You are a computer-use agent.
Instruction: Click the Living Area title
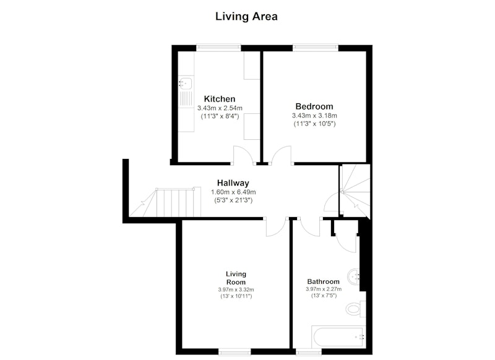246,17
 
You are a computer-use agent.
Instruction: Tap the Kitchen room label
220,99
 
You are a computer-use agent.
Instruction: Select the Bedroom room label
314,106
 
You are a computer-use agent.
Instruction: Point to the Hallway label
233,183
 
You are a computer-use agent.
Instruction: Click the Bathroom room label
323,281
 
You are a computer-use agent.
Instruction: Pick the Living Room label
236,278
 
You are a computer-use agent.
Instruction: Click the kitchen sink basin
185,84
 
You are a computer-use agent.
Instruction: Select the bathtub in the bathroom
338,337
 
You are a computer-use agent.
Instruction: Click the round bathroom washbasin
353,277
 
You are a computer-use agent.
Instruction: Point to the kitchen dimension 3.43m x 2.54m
220,108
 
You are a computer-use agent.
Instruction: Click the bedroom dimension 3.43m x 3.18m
314,116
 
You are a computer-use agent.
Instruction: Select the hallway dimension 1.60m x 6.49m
233,192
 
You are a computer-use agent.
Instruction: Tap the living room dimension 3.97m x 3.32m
236,289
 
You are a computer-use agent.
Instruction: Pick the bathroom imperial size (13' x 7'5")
324,296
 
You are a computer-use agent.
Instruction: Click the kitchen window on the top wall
218,48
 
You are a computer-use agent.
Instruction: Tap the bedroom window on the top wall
316,48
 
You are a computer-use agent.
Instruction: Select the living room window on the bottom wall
235,351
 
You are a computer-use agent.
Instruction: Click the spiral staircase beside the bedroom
355,191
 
